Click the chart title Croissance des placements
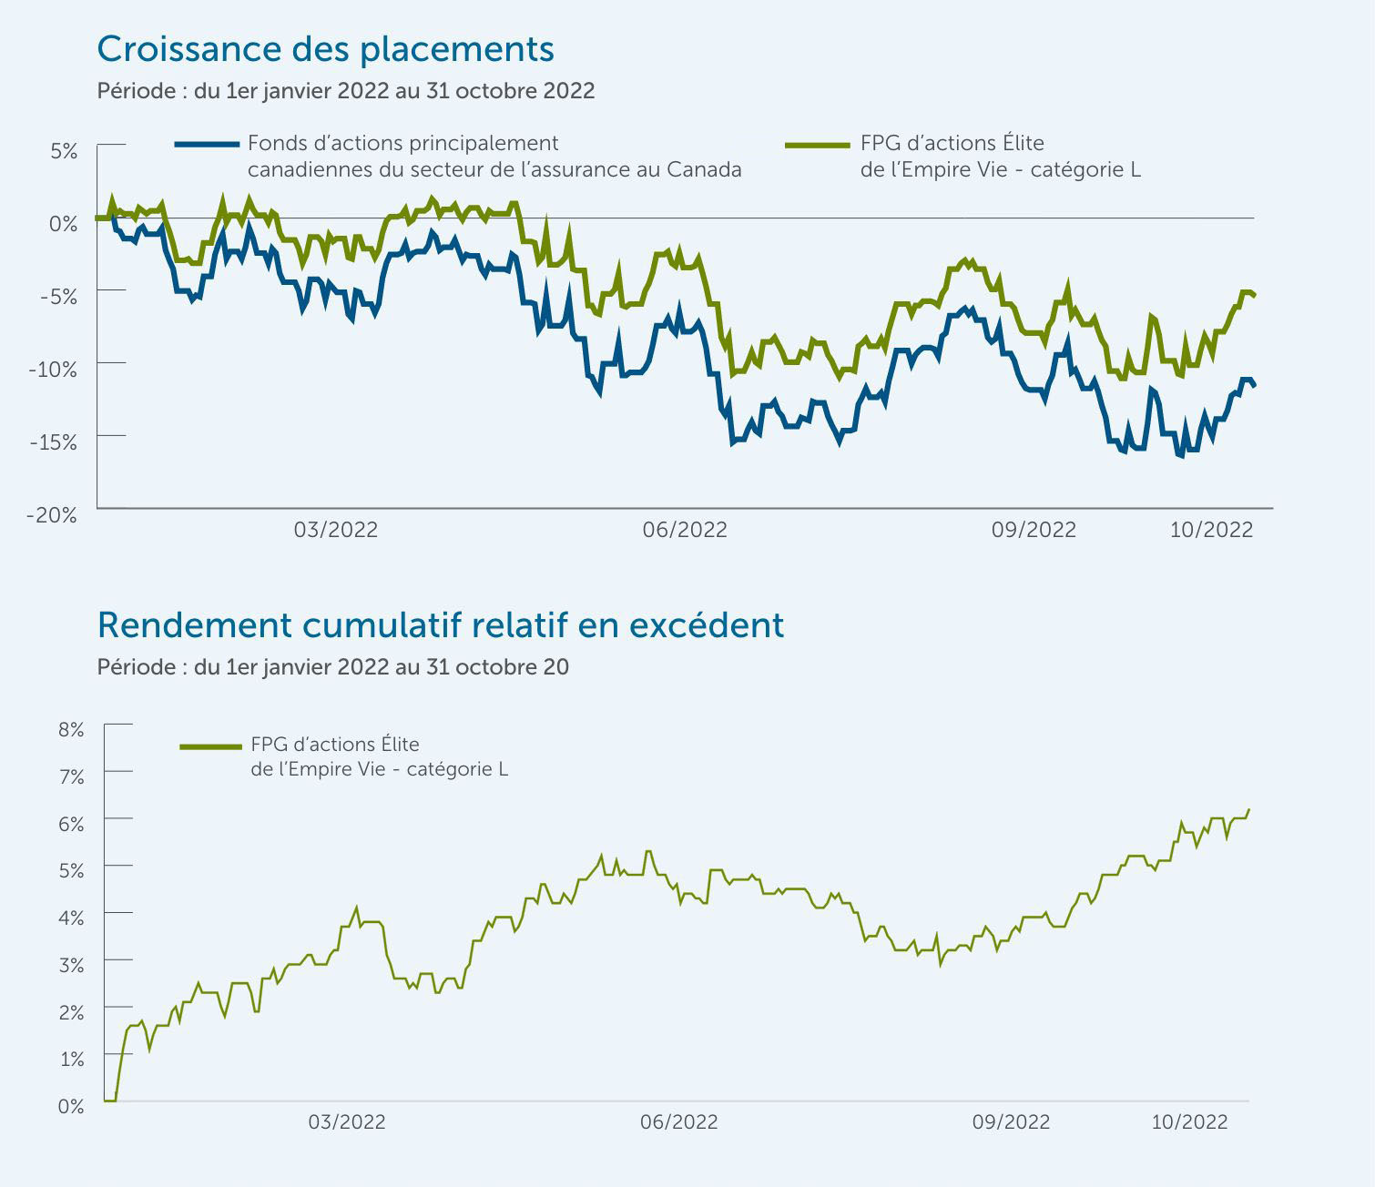[x=325, y=49]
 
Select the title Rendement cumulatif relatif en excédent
[x=440, y=625]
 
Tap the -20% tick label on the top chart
[x=52, y=514]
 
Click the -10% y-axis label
[x=52, y=369]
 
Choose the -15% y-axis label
[x=52, y=441]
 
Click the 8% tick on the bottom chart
[x=71, y=729]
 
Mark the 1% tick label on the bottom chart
[x=71, y=1059]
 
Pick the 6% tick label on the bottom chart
[x=71, y=824]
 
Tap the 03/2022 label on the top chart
[x=335, y=530]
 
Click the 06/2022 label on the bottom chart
[x=678, y=1122]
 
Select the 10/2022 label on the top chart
[x=1211, y=530]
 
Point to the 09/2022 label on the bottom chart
[x=1011, y=1122]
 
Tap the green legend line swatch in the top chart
[x=817, y=144]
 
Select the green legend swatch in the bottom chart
[x=210, y=746]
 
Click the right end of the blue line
[x=1254, y=386]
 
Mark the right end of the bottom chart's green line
[x=1248, y=809]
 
